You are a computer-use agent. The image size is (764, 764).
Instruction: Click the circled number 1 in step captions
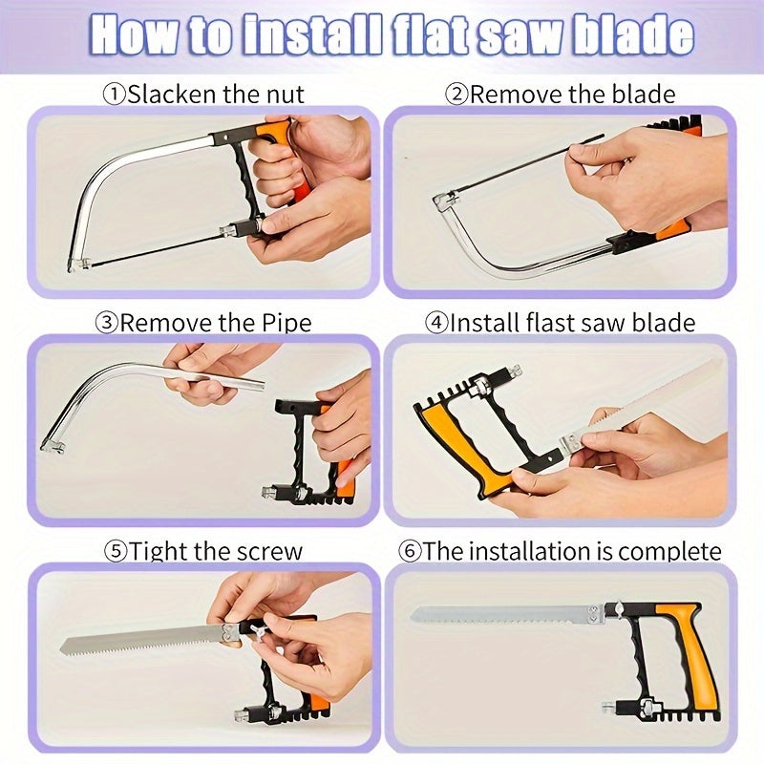click(x=114, y=94)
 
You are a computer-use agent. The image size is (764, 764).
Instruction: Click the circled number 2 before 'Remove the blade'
click(x=456, y=94)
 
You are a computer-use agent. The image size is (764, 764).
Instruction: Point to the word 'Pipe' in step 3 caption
click(x=285, y=323)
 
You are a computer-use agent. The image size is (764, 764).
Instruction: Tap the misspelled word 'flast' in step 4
click(x=545, y=323)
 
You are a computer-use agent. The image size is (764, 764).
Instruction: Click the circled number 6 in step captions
click(x=410, y=552)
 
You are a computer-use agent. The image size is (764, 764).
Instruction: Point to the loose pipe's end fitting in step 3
click(x=52, y=443)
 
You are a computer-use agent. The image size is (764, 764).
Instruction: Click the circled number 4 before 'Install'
click(x=437, y=323)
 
